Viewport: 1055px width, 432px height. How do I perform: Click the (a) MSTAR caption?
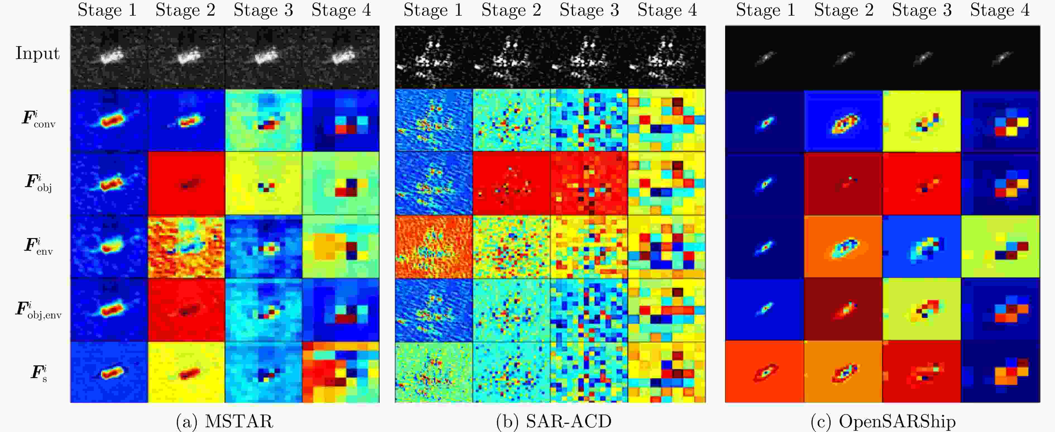[x=224, y=421]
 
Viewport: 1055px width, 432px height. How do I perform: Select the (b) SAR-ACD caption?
[x=554, y=421]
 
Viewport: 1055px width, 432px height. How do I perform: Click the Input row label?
[x=38, y=53]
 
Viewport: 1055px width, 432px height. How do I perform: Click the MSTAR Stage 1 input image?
[x=109, y=57]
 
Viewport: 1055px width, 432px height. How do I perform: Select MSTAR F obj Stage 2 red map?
[x=186, y=183]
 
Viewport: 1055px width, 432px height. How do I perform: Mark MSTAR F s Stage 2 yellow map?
[x=186, y=372]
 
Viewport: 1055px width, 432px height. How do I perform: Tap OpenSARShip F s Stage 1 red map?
[x=764, y=372]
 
